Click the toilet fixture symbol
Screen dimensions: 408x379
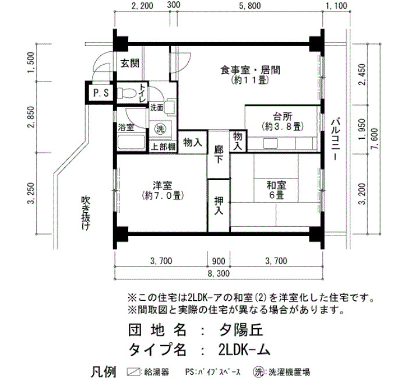coord(126,93)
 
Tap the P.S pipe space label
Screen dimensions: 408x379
coord(101,93)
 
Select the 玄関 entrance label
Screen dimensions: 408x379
coord(130,63)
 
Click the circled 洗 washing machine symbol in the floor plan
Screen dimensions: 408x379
coord(160,128)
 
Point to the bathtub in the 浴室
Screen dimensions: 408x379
coord(131,142)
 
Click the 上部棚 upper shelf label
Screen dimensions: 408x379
coord(163,147)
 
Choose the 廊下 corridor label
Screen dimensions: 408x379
coord(219,155)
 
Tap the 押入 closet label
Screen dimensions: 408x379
coord(219,206)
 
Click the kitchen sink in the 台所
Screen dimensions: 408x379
coord(270,143)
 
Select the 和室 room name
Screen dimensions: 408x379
coord(276,185)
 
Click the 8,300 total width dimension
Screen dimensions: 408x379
coord(219,273)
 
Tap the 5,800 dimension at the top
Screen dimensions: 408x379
coord(250,6)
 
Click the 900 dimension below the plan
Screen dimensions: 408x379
coord(219,261)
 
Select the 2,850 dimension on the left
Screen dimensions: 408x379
coord(31,117)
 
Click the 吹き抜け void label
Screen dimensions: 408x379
coord(85,213)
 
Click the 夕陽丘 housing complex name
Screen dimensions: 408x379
coord(241,331)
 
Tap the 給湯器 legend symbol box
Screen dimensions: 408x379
coord(133,371)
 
